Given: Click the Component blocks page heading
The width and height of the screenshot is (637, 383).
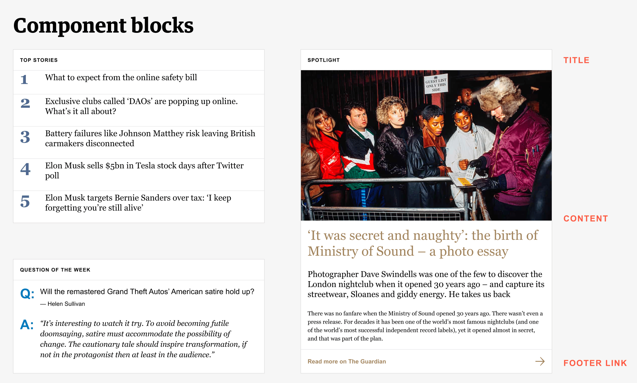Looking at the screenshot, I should (x=103, y=26).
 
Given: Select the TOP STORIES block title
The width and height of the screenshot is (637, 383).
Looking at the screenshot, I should (x=39, y=60).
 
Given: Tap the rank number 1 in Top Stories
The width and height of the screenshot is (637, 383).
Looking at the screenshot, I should (x=24, y=80).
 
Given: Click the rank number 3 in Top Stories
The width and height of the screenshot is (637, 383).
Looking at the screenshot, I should (x=25, y=137).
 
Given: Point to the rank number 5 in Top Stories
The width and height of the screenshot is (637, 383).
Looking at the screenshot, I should (x=25, y=202).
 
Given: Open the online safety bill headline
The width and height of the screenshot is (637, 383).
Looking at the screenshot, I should (x=121, y=78).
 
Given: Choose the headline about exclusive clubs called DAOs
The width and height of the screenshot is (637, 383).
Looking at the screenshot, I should (x=141, y=106).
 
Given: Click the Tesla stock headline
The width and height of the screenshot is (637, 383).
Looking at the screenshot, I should (x=144, y=170).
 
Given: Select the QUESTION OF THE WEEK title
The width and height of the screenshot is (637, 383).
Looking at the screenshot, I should (x=55, y=270).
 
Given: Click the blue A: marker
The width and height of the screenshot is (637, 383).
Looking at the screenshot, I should (x=27, y=325).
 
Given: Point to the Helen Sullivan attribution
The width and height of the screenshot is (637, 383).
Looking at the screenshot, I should (x=63, y=304).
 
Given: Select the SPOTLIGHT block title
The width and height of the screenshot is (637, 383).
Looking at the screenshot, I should (x=323, y=60).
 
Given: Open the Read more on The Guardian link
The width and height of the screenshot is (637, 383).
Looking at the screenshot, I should (x=347, y=361).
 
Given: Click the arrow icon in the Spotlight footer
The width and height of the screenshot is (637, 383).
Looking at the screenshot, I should (x=540, y=361).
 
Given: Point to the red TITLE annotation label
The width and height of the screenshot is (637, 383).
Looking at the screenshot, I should (x=576, y=60).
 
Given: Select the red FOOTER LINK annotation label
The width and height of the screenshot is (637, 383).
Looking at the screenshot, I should (x=595, y=363).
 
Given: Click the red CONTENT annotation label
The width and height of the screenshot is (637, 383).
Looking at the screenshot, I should (x=586, y=219).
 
